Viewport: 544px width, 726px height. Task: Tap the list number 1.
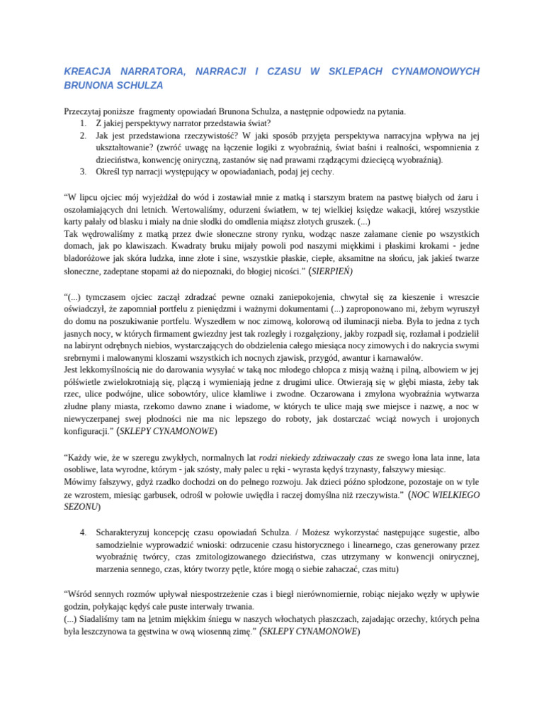(83, 123)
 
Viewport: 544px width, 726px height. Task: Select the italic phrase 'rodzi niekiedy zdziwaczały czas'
(315, 458)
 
